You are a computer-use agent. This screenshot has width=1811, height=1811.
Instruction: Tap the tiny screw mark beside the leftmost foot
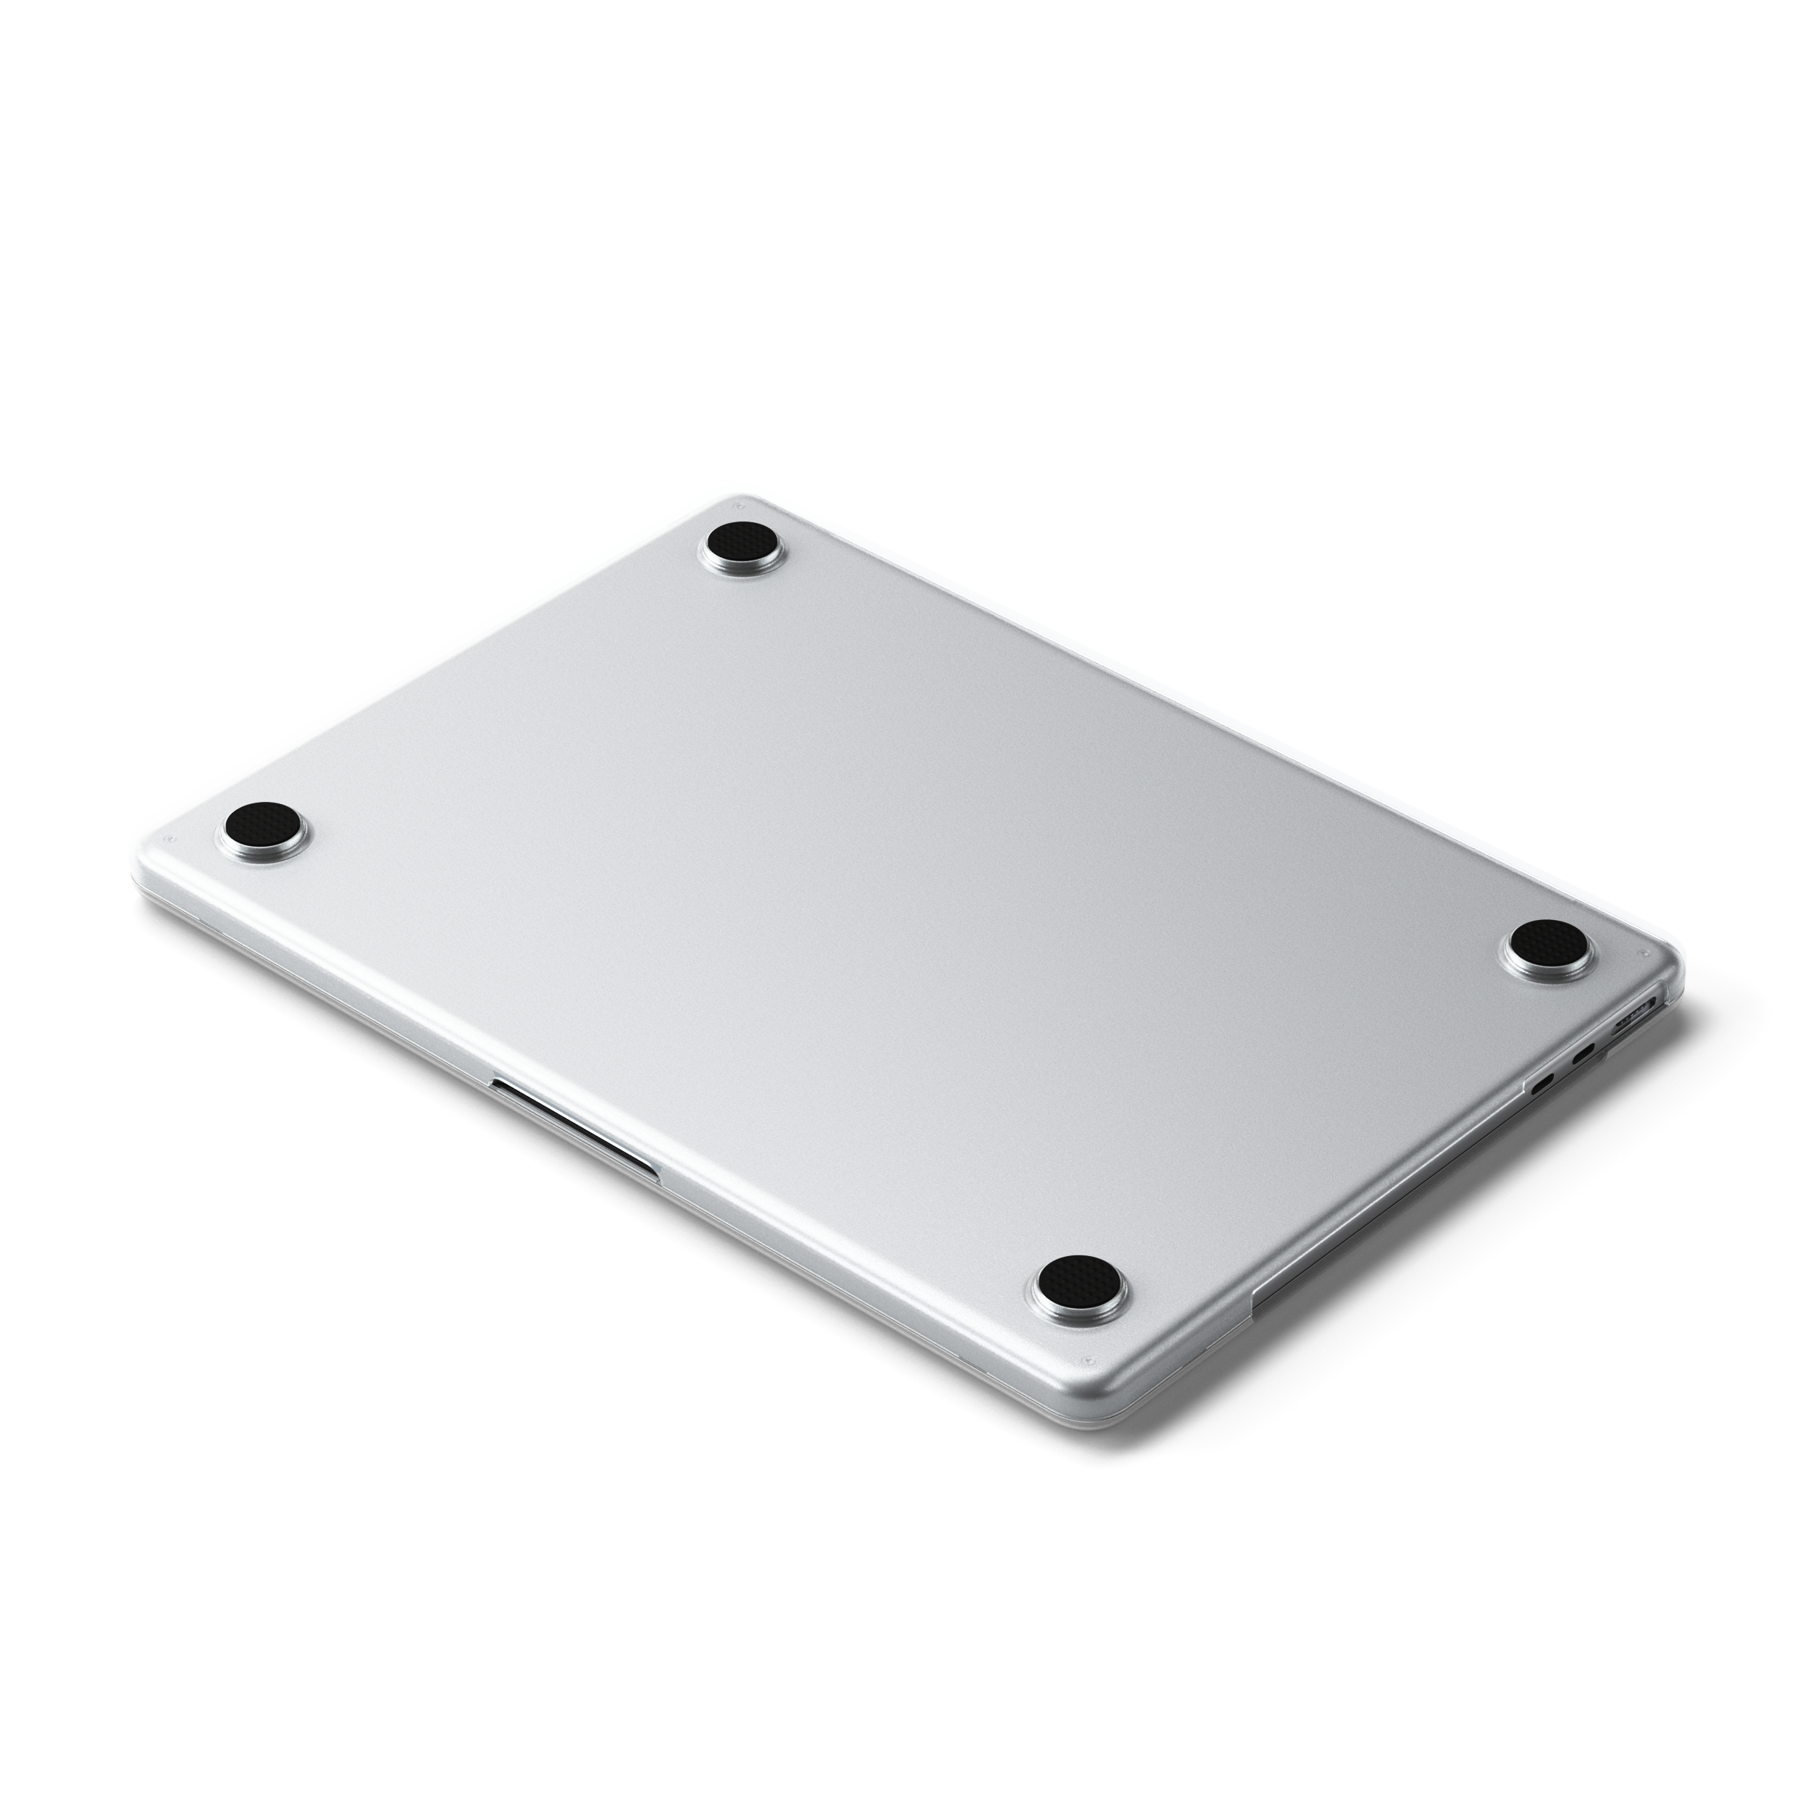[x=167, y=839]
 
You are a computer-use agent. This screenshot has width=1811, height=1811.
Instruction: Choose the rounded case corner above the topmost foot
[x=740, y=497]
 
